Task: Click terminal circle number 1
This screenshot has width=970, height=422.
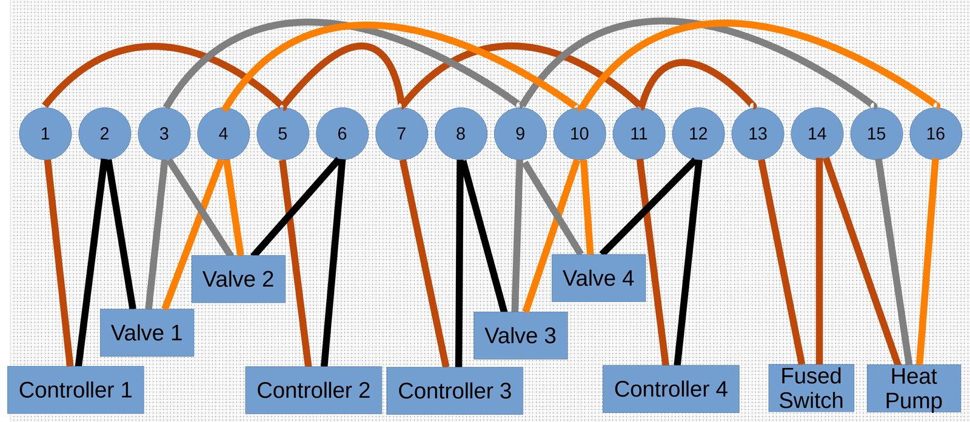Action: point(45,133)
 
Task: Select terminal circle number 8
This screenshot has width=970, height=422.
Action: point(461,133)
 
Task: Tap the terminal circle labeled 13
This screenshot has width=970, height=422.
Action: point(757,133)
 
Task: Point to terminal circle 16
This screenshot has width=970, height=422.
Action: point(935,133)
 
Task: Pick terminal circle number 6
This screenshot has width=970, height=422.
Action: point(342,133)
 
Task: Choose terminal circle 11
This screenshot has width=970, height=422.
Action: point(638,133)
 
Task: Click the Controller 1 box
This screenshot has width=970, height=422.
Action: point(76,390)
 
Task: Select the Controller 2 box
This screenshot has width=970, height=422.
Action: point(313,390)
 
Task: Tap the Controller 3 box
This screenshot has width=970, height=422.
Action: point(454,390)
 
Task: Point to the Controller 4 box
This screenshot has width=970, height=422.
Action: point(671,389)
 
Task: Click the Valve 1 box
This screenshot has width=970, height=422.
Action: point(147,332)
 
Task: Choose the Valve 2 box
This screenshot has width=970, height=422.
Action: point(238,279)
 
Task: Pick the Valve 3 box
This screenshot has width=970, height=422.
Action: point(520,335)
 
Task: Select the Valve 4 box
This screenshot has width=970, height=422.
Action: point(598,278)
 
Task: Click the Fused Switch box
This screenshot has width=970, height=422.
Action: point(811,388)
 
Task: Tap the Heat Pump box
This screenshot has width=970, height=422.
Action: point(914,388)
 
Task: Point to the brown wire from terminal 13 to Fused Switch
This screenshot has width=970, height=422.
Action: point(781,261)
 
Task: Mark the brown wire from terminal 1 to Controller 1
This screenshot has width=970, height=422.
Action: point(59,261)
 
